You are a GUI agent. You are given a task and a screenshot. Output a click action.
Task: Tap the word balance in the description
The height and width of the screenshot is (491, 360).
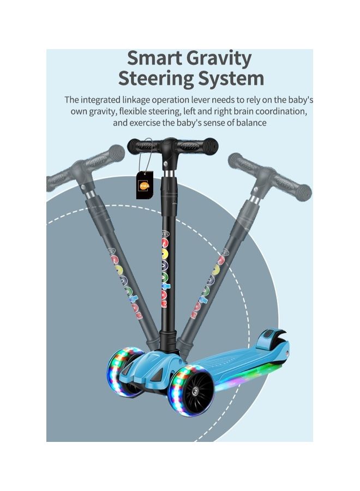tap(250, 123)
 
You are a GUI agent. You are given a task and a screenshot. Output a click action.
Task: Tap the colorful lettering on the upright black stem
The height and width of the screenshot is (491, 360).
tap(164, 273)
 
